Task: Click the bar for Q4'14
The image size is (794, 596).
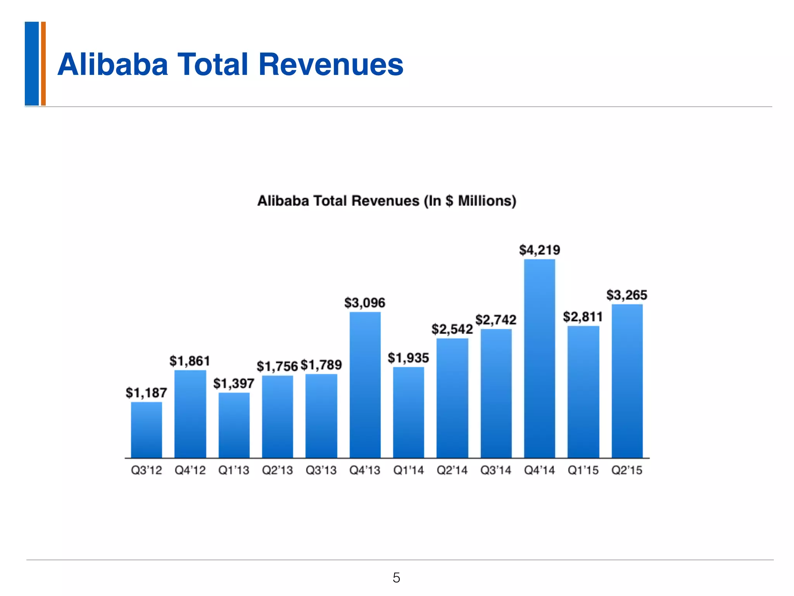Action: click(539, 359)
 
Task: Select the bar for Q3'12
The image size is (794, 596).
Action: click(147, 430)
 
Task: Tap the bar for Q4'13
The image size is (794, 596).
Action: click(365, 385)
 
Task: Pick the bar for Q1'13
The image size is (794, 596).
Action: click(234, 425)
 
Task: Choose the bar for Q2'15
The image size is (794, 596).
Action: click(627, 381)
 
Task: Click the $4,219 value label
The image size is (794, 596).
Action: click(540, 250)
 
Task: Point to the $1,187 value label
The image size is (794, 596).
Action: click(146, 393)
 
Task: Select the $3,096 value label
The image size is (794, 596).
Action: click(365, 303)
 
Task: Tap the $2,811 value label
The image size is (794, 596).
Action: click(583, 317)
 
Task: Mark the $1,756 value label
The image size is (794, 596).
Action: click(277, 366)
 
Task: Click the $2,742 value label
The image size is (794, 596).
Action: click(496, 320)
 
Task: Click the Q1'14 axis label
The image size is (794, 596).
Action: click(409, 471)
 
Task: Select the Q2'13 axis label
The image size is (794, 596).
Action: click(277, 471)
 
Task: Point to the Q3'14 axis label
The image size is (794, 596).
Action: click(496, 471)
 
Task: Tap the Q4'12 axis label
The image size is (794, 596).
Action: click(190, 471)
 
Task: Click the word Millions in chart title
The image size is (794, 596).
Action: click(487, 201)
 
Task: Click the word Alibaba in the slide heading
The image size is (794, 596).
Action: click(112, 64)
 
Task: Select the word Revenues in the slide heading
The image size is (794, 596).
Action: click(331, 64)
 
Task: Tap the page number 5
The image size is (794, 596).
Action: click(396, 578)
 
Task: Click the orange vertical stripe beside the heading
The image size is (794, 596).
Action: click(43, 64)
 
